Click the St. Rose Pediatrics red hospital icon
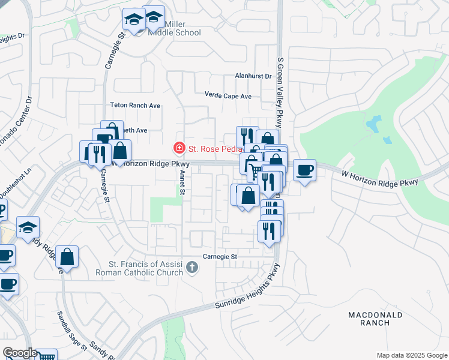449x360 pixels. pos(178,147)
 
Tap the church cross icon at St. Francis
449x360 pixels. pos(192,267)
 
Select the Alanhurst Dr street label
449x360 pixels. pos(253,77)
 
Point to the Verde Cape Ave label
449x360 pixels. pos(228,96)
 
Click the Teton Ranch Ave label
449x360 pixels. pos(136,106)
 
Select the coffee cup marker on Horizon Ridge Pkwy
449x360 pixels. pos(304,170)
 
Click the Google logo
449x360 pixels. pos(19,353)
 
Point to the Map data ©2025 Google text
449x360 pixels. pos(411,355)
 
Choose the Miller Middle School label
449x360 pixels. pos(174,28)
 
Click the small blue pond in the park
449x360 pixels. pos(373,124)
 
